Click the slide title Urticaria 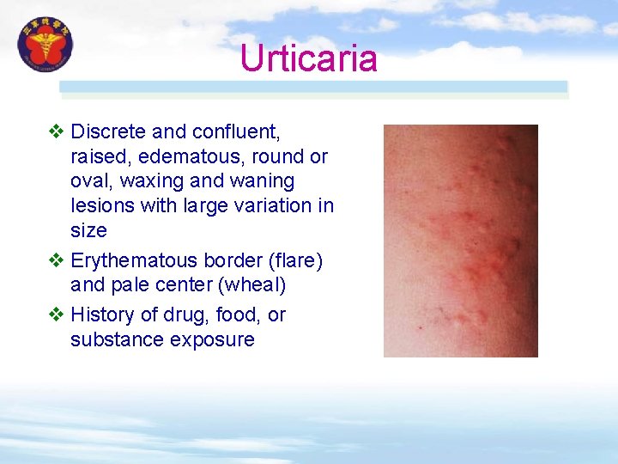308,58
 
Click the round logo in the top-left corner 45,45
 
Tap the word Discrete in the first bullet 108,132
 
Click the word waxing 151,181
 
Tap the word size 88,230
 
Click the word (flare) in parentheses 290,260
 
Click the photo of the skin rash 460,241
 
